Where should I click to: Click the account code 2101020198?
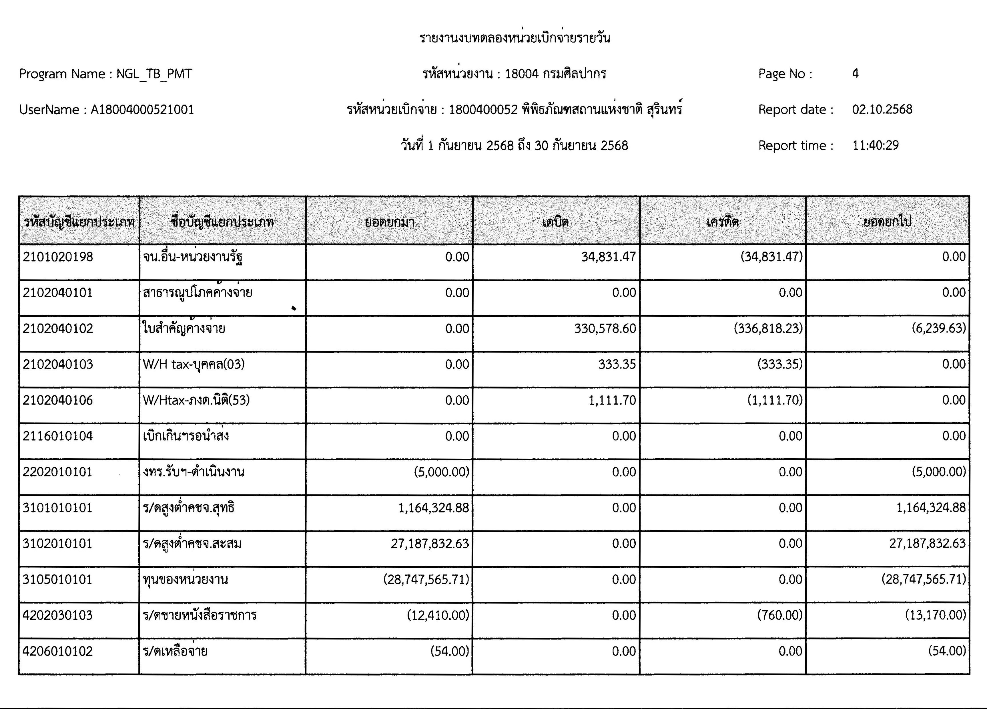(x=58, y=257)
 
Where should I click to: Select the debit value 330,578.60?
(x=605, y=328)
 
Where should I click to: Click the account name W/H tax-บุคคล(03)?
(x=194, y=364)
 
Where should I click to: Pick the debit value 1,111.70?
(x=612, y=400)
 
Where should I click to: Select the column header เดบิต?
(x=555, y=222)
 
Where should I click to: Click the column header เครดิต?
(x=722, y=222)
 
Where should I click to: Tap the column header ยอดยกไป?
(x=887, y=222)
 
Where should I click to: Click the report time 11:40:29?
(x=875, y=145)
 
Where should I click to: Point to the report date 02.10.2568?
(x=882, y=109)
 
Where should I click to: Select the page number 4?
(x=855, y=74)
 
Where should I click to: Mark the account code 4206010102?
(x=58, y=651)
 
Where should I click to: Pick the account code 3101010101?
(x=58, y=508)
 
